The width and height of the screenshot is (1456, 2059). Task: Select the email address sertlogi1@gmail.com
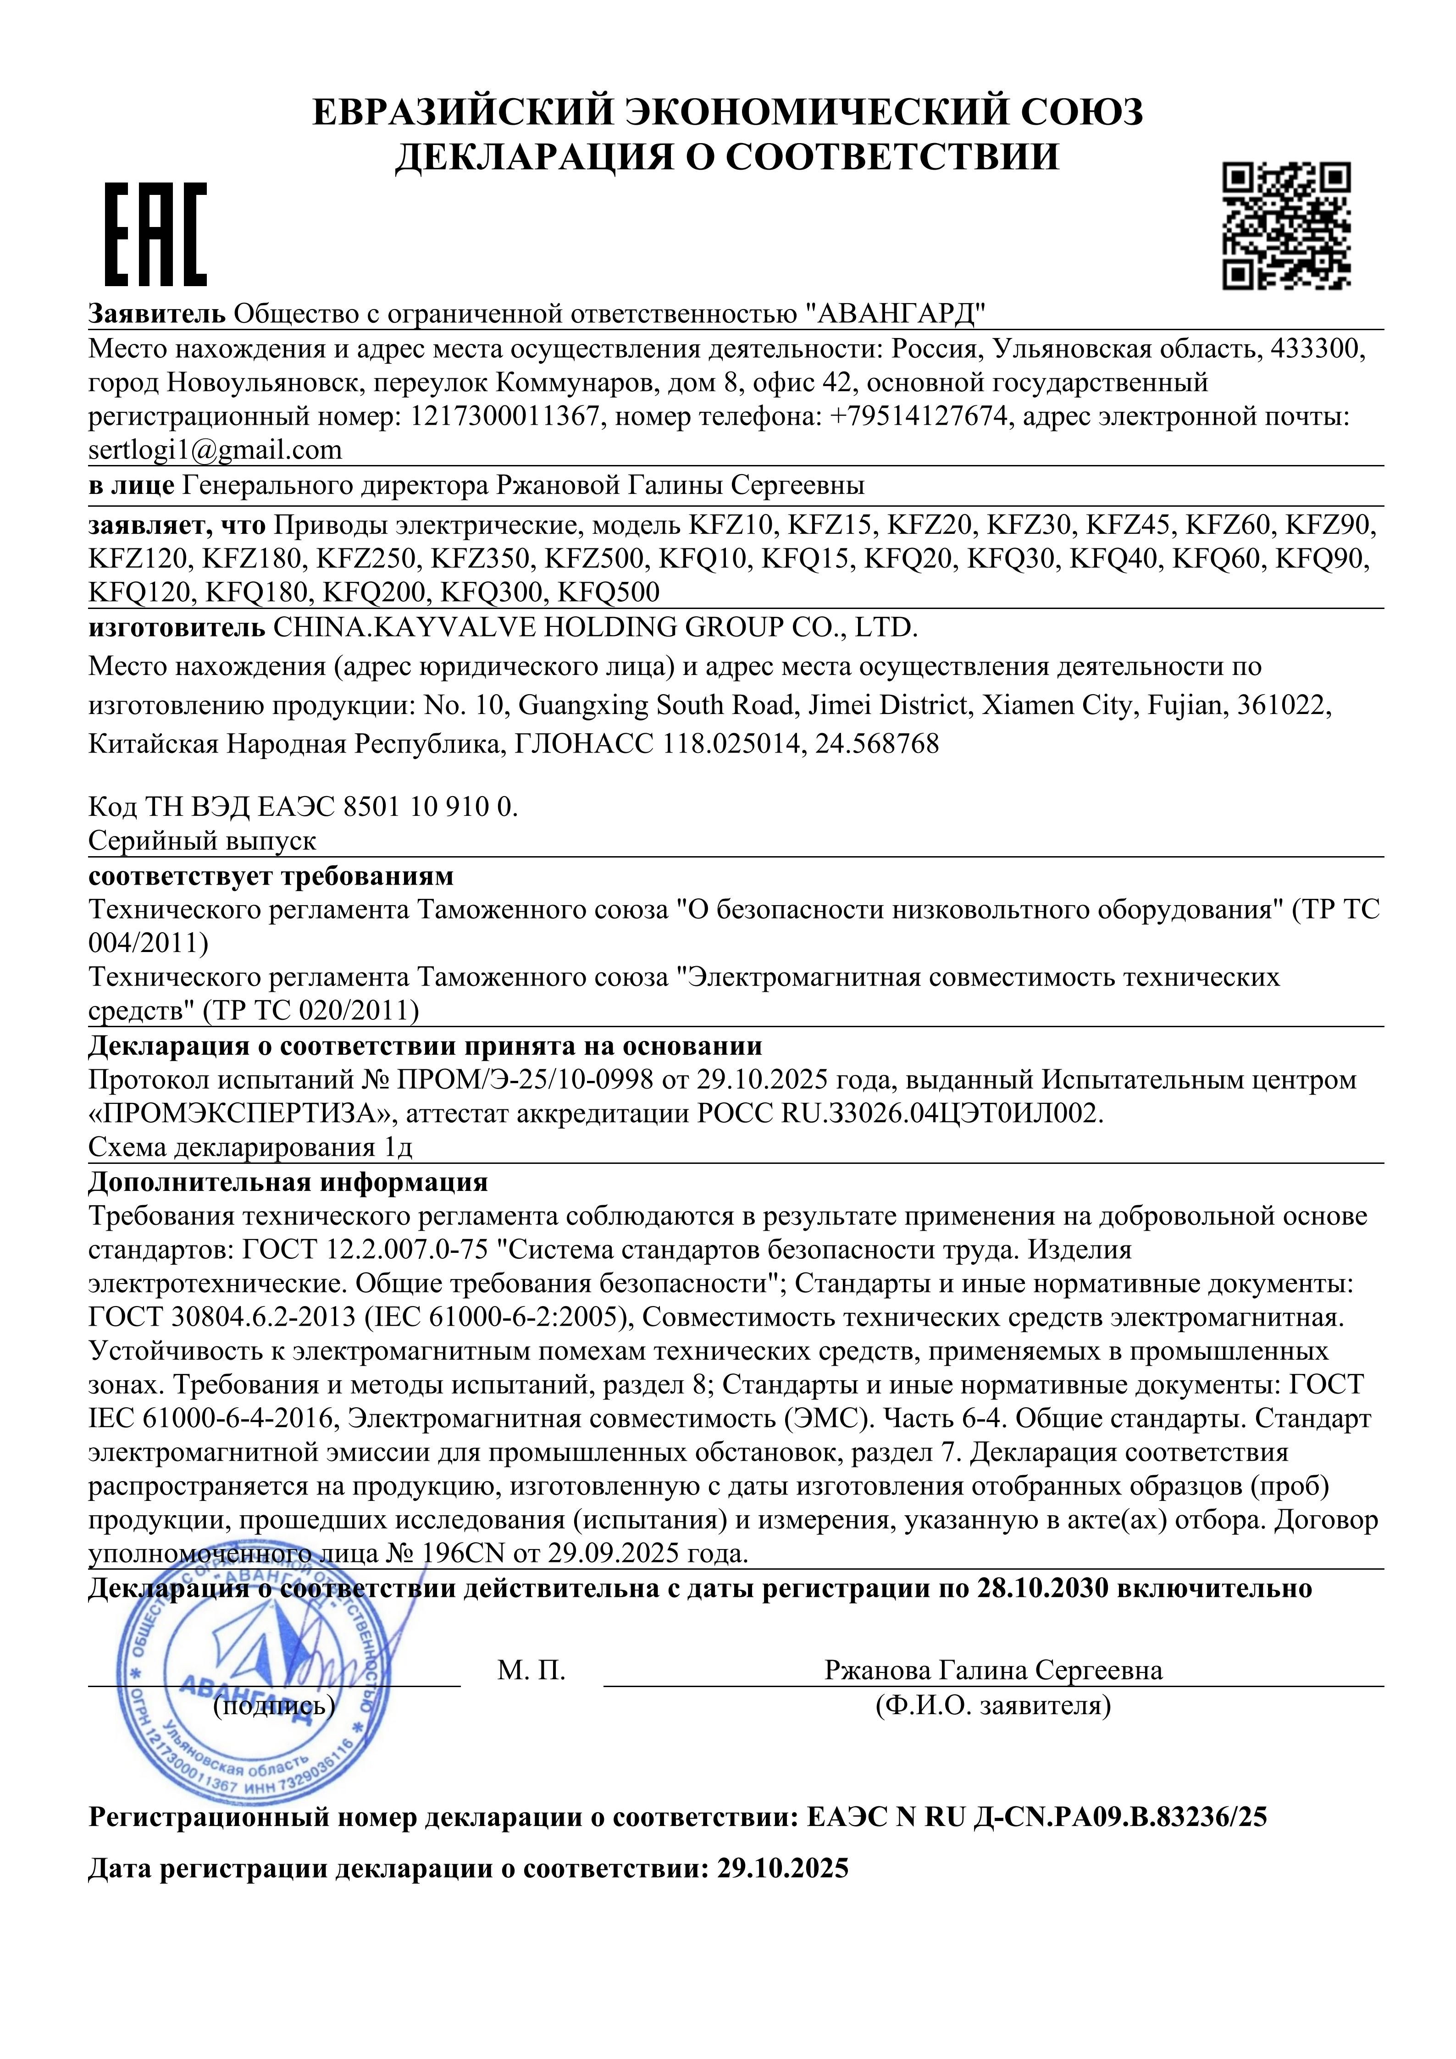(x=215, y=449)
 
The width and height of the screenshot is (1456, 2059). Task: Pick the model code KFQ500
(x=608, y=592)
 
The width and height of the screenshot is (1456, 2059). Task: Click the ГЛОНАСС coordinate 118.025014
(x=731, y=744)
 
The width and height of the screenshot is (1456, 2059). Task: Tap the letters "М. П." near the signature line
(x=531, y=1670)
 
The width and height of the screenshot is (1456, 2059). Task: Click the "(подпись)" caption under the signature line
(x=273, y=1704)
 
